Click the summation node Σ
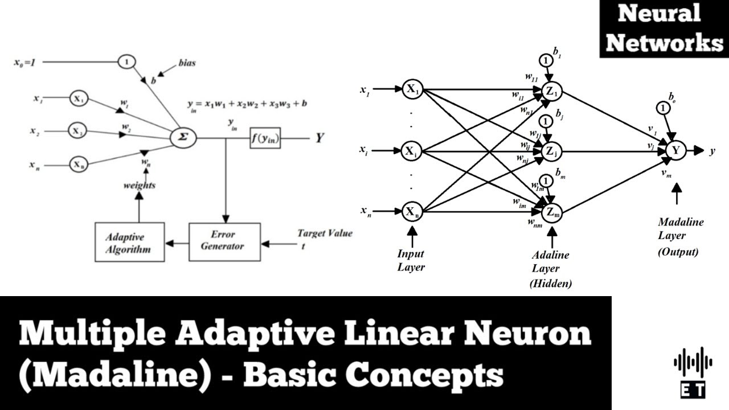[x=183, y=138]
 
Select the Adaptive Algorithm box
[x=129, y=242]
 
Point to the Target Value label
[x=325, y=233]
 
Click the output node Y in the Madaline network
[x=676, y=150]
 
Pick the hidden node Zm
[x=552, y=212]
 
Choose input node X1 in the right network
[x=412, y=89]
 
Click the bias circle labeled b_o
[x=662, y=108]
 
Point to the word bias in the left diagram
[x=186, y=63]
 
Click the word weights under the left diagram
[x=140, y=185]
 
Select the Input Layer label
[x=411, y=260]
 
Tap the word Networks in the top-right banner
[x=664, y=43]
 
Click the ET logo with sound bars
[x=693, y=372]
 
